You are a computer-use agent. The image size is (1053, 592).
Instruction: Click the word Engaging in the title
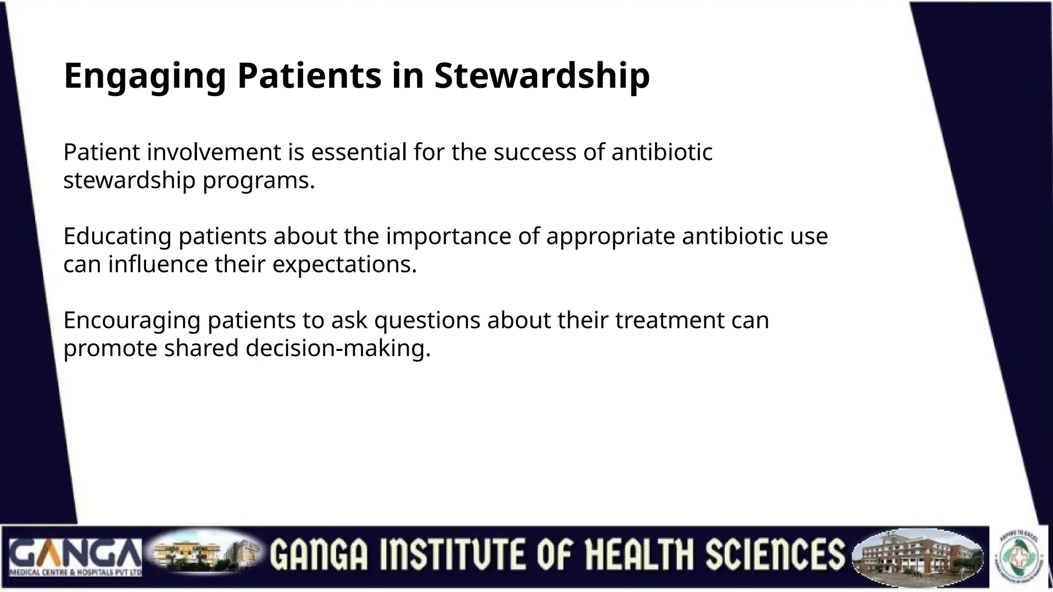[x=144, y=76]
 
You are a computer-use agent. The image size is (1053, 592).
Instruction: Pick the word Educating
[x=117, y=236]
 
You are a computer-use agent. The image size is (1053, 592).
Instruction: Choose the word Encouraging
[x=132, y=321]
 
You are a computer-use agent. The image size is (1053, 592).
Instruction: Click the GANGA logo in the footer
[x=75, y=557]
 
